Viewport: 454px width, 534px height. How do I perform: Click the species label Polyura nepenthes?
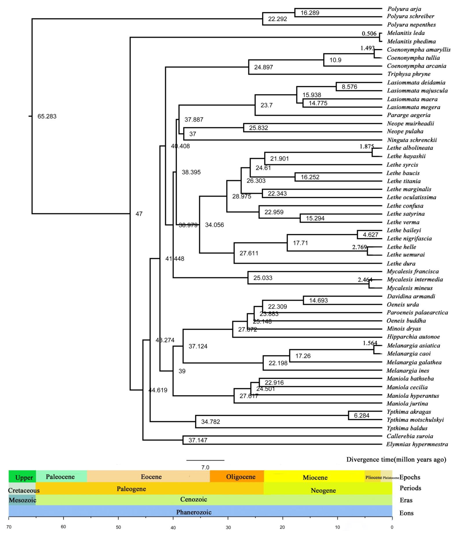[x=411, y=25]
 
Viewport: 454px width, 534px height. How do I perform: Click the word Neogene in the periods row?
[x=323, y=490]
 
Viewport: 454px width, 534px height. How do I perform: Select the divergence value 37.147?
[x=198, y=440]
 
